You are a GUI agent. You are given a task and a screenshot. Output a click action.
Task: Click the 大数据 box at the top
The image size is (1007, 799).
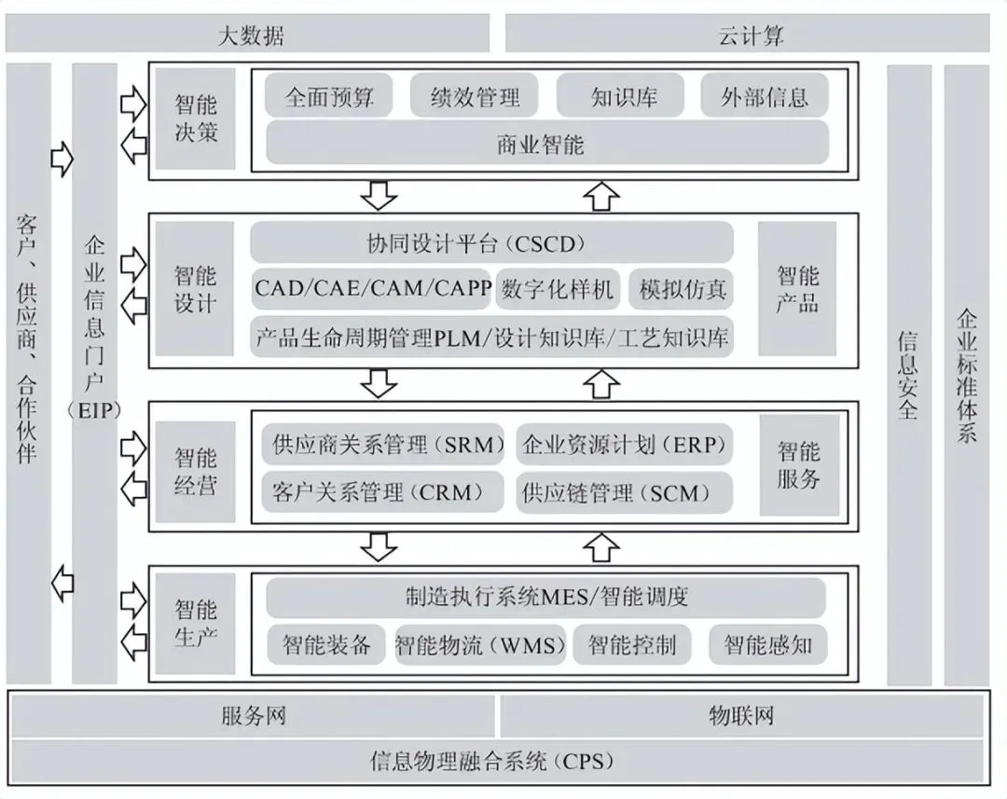point(248,35)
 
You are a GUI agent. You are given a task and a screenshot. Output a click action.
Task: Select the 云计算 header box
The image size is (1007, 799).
point(748,35)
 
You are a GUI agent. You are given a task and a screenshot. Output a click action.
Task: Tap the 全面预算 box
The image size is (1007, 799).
point(329,96)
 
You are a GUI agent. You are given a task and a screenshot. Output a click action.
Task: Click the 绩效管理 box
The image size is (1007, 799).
point(476,96)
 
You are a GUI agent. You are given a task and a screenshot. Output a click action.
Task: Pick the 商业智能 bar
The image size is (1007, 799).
point(547,145)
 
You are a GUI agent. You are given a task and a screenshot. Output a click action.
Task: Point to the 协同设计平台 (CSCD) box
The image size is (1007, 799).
point(491,243)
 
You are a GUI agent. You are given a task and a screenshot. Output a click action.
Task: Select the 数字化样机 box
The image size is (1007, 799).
point(558,289)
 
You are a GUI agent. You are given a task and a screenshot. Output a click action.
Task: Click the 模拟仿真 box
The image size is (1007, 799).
point(682,289)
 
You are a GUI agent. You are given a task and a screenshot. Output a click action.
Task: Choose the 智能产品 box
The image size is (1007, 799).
point(797,288)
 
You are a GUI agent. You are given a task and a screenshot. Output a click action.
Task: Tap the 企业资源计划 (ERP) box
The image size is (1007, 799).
point(624,445)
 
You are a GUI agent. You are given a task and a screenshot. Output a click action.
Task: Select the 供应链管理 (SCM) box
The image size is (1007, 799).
point(624,491)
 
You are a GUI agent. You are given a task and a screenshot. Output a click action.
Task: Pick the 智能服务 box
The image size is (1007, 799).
point(798,465)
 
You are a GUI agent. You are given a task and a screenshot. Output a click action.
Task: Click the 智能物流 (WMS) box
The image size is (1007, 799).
point(479,644)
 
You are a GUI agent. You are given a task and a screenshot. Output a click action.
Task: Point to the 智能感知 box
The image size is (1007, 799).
point(767,644)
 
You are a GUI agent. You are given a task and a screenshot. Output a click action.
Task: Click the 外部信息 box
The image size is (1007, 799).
point(764,96)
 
